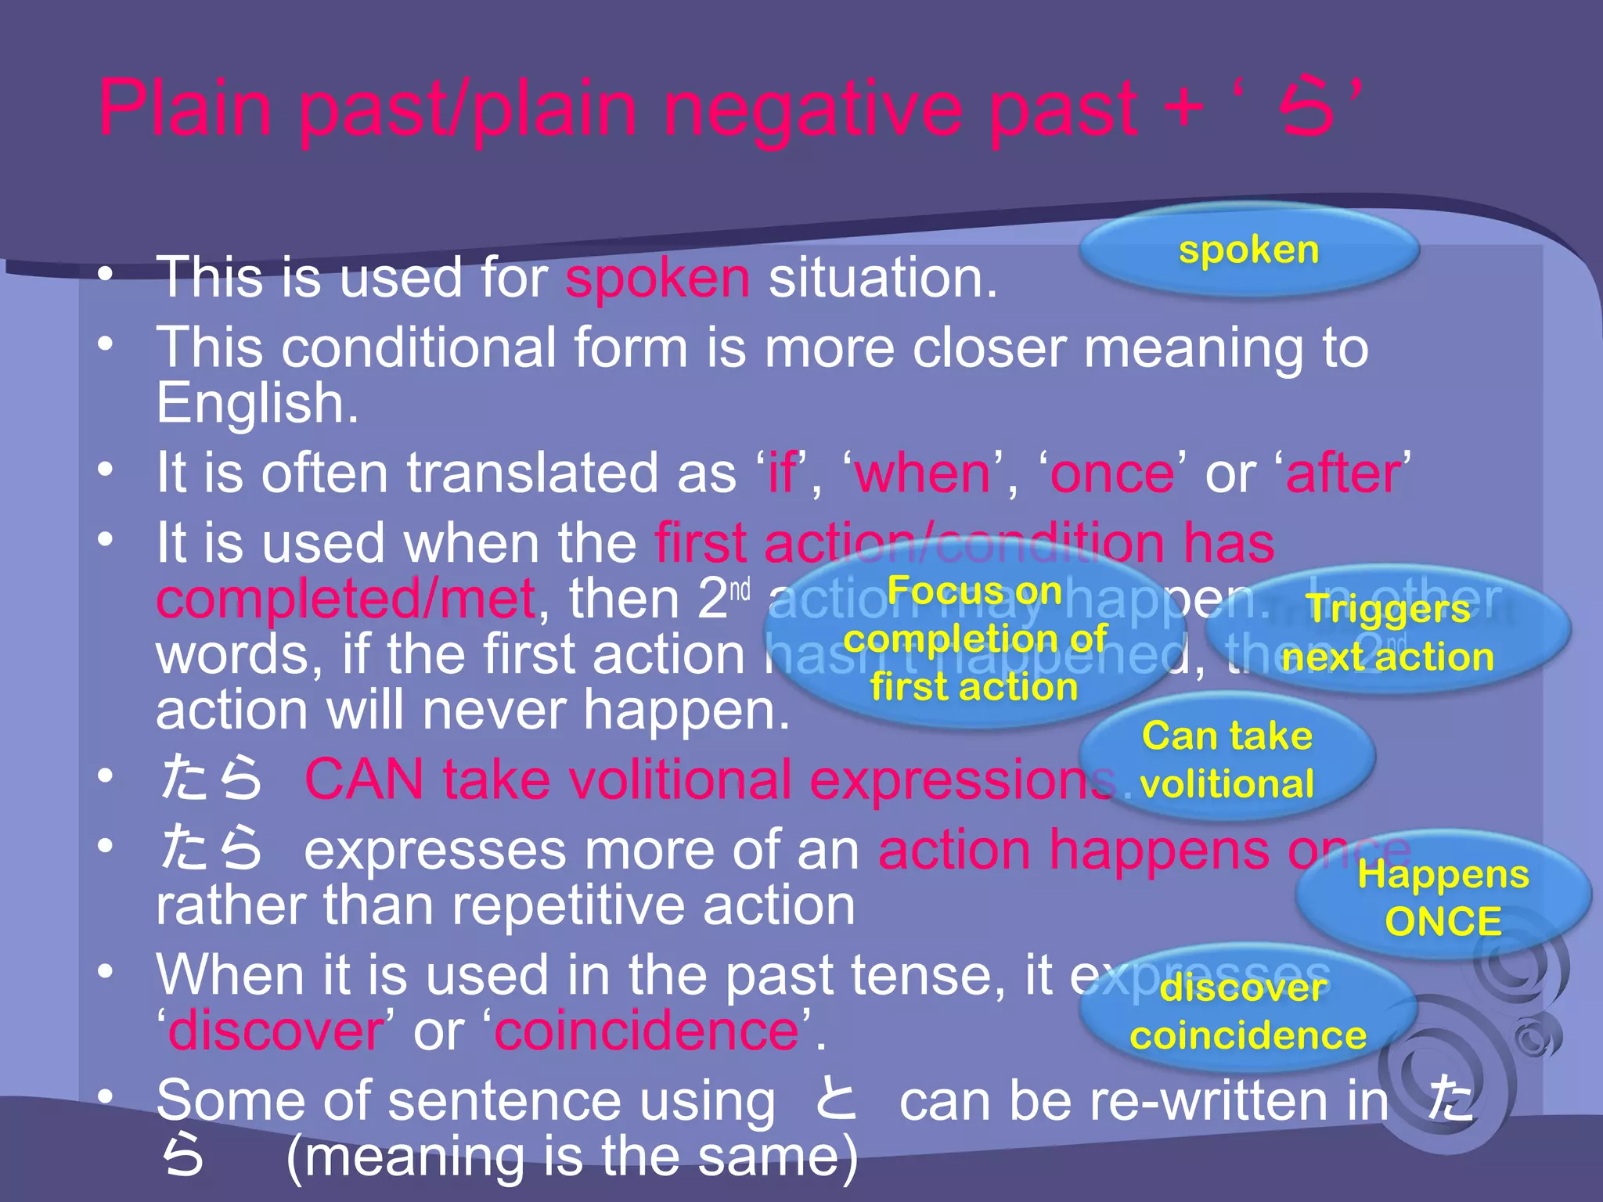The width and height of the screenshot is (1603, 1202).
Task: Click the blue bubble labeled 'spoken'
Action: (x=1249, y=250)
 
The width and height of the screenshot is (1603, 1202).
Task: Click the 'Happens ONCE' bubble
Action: (x=1443, y=897)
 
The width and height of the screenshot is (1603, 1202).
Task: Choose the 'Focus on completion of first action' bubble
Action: (x=974, y=638)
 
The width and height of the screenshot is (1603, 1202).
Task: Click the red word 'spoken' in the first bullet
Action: (x=657, y=278)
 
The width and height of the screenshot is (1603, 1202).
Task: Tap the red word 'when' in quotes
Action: (x=924, y=473)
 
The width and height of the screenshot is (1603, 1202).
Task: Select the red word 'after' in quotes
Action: (x=1343, y=473)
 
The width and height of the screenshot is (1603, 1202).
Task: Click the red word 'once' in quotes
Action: (x=1112, y=473)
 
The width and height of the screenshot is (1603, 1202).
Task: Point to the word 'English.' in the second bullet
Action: (x=258, y=404)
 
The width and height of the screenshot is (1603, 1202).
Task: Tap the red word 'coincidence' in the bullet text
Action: (x=647, y=1031)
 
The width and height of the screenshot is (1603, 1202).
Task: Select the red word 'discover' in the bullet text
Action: (x=276, y=1031)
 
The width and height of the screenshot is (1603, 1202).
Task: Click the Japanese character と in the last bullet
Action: (x=835, y=1099)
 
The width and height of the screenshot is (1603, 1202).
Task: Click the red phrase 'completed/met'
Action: (x=345, y=599)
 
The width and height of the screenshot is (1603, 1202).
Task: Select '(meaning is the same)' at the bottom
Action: (x=572, y=1157)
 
